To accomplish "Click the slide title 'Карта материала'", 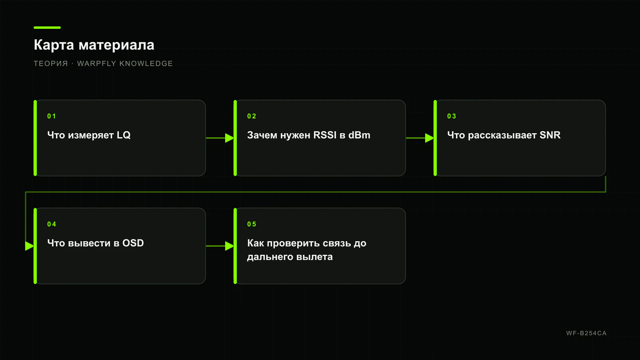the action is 94,45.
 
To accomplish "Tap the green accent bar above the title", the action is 47,28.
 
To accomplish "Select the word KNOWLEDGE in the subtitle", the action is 146,64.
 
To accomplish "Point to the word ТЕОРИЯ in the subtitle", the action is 51,64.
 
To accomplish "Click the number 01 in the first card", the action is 52,116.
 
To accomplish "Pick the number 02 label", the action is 252,116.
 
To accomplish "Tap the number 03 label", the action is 452,116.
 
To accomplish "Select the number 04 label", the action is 52,224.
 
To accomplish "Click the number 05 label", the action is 252,224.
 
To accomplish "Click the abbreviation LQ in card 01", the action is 124,135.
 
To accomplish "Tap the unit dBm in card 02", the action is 359,135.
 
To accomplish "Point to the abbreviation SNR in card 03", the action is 550,135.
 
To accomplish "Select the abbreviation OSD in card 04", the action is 133,243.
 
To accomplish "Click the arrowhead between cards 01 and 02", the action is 230,138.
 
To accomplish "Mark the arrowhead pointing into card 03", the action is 430,138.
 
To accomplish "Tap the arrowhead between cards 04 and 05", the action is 230,246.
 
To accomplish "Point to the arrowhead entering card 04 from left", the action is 30,246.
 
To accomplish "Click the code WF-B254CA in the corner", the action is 586,333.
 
